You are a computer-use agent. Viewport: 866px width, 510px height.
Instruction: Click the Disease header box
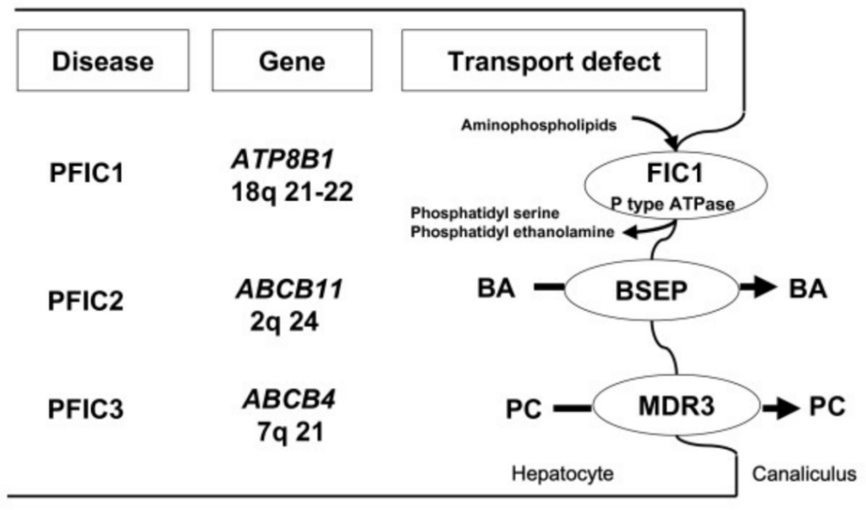103,60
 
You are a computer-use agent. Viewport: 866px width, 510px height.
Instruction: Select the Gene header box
292,60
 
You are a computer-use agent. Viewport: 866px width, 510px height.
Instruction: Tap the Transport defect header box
554,60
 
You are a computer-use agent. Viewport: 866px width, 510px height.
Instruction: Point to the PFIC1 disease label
87,173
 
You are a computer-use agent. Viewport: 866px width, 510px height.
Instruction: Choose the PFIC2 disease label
85,301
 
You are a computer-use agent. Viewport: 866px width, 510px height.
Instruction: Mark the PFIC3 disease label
85,409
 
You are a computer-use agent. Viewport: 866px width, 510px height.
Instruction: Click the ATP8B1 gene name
282,160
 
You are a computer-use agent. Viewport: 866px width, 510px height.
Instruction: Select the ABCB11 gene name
290,289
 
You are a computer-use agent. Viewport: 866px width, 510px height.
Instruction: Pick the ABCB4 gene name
289,399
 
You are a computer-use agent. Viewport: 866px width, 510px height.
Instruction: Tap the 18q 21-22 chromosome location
292,192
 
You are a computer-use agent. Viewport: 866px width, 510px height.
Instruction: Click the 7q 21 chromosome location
291,431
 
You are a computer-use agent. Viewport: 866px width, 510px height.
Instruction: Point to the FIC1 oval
676,185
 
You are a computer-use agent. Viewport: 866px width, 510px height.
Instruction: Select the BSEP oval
652,290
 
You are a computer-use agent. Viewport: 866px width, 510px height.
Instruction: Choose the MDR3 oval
677,406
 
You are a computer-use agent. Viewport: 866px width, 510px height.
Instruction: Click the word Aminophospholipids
539,125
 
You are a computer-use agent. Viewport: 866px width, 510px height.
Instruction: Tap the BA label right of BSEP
808,289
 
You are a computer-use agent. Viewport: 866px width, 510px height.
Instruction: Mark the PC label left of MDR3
523,409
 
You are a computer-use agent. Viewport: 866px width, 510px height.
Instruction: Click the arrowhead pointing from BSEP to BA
765,288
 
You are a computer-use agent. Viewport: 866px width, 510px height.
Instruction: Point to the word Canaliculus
804,474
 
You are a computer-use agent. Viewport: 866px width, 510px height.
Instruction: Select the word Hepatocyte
562,474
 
